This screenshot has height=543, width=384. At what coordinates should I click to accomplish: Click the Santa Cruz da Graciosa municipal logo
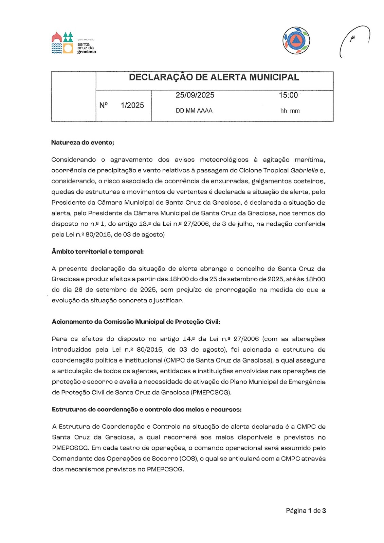pos(74,43)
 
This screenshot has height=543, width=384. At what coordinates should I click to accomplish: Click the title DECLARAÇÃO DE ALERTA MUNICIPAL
pos(214,77)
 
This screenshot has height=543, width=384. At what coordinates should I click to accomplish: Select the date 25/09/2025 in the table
pos(195,95)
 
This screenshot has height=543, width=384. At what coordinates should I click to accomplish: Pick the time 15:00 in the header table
pos(288,95)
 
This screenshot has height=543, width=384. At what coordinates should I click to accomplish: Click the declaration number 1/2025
pos(132,106)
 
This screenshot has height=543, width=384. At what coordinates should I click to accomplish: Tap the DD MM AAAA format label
pos(194,111)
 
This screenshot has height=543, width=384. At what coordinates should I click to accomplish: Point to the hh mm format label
pos(290,111)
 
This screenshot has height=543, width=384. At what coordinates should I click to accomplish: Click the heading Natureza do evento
pos(83,143)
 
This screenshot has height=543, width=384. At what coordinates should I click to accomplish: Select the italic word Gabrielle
pos(304,170)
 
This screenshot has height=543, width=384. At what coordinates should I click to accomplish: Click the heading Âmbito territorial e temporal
pos(97,251)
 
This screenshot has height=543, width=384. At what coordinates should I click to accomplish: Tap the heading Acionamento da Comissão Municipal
pos(136,322)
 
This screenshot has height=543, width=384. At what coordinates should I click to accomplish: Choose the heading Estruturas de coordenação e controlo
pos(147,410)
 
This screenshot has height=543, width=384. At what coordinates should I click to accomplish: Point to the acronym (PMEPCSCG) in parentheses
pos(211,393)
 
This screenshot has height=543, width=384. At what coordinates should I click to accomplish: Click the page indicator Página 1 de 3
pos(306,511)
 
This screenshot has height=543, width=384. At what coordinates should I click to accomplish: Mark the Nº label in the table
pos(103,106)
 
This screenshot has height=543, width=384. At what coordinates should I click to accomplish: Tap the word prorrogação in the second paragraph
pos(236,290)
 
